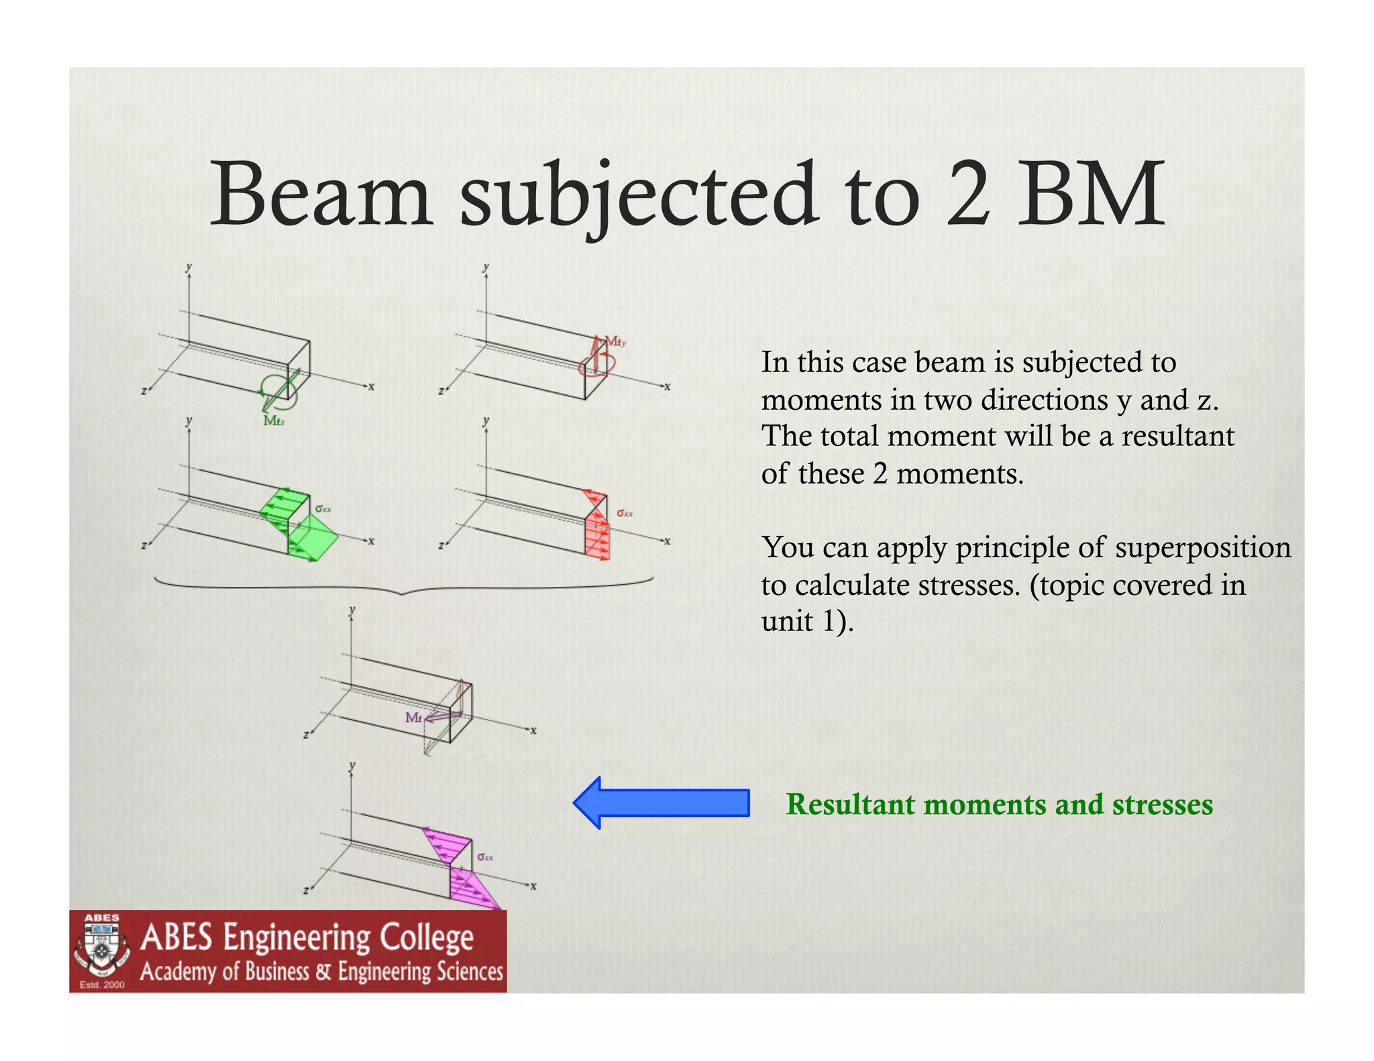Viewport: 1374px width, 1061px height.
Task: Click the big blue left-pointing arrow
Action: (661, 803)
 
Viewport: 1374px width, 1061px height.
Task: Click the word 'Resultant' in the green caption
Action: (850, 804)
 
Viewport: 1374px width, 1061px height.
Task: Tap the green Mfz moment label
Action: (274, 421)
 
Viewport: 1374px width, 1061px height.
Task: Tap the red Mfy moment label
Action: (615, 342)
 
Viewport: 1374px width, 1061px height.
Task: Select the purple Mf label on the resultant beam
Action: (413, 718)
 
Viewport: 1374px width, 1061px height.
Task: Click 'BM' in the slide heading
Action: (1091, 194)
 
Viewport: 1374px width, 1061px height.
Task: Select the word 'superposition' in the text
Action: (1202, 547)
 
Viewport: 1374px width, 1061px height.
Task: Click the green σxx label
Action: (323, 509)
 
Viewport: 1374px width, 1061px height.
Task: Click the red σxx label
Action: (625, 513)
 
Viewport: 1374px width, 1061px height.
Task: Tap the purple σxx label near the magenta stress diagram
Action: (485, 857)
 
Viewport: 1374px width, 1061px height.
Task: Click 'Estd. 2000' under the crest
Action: (102, 985)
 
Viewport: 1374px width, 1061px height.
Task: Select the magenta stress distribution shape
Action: (463, 872)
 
